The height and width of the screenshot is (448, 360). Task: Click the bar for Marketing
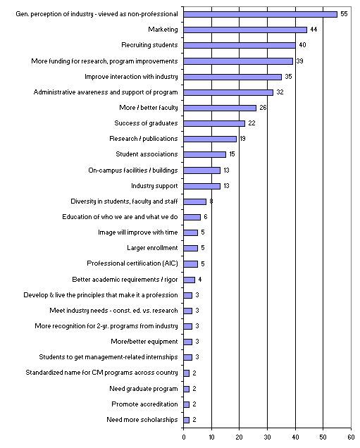pyautogui.click(x=245, y=30)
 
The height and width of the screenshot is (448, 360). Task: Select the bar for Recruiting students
pyautogui.click(x=240, y=45)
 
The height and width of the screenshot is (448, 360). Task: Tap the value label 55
pyautogui.click(x=344, y=14)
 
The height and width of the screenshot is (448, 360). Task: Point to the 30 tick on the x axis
pyautogui.click(x=268, y=428)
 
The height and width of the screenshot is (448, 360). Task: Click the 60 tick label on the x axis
pyautogui.click(x=351, y=437)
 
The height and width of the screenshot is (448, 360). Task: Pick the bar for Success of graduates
pyautogui.click(x=214, y=123)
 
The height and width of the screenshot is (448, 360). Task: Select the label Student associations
pyautogui.click(x=147, y=154)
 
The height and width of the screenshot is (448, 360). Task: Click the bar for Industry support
pyautogui.click(x=202, y=186)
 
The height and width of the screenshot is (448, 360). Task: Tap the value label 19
pyautogui.click(x=242, y=139)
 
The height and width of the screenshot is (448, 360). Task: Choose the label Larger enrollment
pyautogui.click(x=152, y=248)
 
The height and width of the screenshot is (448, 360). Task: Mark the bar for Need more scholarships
pyautogui.click(x=186, y=420)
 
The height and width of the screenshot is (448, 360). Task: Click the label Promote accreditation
pyautogui.click(x=144, y=404)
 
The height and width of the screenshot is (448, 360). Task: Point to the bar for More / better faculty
pyautogui.click(x=220, y=108)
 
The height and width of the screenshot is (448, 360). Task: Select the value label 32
pyautogui.click(x=280, y=92)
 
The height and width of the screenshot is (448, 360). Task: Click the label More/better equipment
pyautogui.click(x=144, y=342)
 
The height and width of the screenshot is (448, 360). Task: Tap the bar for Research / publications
pyautogui.click(x=210, y=139)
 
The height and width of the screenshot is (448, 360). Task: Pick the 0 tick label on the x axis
pyautogui.click(x=184, y=437)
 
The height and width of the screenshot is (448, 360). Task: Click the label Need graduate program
pyautogui.click(x=144, y=389)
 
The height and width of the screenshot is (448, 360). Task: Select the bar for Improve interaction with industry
pyautogui.click(x=232, y=77)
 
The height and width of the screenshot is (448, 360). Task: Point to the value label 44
pyautogui.click(x=314, y=30)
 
